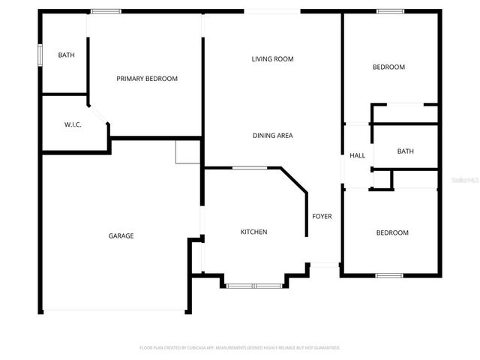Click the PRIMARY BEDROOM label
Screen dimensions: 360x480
click(147, 78)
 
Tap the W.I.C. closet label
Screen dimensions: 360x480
click(73, 124)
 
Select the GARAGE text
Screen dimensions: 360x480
click(121, 235)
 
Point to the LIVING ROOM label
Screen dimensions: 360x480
click(272, 58)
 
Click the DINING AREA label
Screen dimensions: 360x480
click(272, 136)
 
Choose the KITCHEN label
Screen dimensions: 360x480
click(253, 232)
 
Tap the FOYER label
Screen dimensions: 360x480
click(322, 217)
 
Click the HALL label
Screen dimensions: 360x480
click(357, 156)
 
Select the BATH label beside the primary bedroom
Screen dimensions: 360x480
click(67, 55)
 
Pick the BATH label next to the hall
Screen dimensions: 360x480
click(405, 151)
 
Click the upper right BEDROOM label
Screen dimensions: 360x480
click(388, 67)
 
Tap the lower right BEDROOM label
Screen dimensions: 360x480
click(392, 232)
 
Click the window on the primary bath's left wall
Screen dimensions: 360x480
click(40, 56)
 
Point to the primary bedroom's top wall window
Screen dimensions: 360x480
click(106, 11)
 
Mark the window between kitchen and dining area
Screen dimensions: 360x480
click(249, 168)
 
